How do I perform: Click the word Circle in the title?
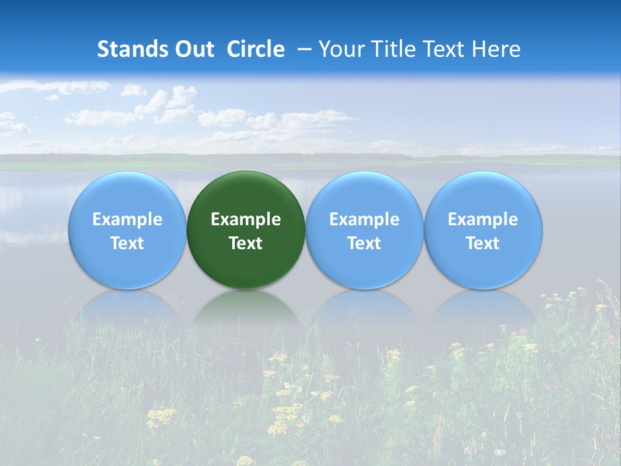pyautogui.click(x=256, y=49)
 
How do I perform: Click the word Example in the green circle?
pyautogui.click(x=246, y=219)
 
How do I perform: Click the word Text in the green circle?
pyautogui.click(x=246, y=243)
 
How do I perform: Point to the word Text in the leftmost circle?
pyautogui.click(x=127, y=243)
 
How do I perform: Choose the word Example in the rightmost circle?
pyautogui.click(x=483, y=219)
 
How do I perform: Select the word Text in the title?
pyautogui.click(x=446, y=49)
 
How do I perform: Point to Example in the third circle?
pyautogui.click(x=364, y=219)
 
